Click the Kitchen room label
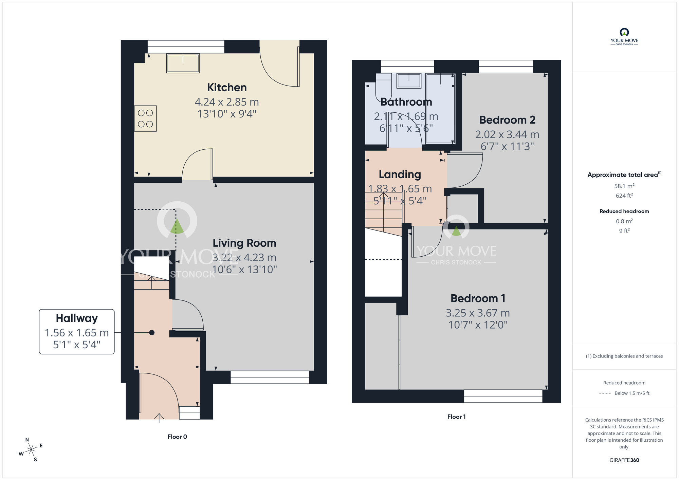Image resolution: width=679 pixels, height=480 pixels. point(227,88)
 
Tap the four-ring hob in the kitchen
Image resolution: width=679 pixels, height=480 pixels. point(145,118)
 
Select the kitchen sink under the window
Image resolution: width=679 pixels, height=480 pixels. point(183,63)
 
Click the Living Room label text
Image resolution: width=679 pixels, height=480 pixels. point(244,243)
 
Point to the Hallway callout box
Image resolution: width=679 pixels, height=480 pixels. point(77,331)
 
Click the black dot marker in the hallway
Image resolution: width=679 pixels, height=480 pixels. point(152,333)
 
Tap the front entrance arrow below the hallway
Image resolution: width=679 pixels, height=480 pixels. point(159,417)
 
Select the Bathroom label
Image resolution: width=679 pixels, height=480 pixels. point(406,102)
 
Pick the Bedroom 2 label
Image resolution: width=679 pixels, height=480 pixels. point(507,120)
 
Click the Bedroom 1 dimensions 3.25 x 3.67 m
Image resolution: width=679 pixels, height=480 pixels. point(478,313)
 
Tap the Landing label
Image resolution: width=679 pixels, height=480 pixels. point(400,174)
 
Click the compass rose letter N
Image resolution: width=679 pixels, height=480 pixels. point(27,440)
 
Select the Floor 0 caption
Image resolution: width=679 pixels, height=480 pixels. point(177,437)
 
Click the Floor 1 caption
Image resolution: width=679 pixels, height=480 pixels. point(456,417)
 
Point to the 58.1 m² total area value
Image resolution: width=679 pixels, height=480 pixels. point(624,186)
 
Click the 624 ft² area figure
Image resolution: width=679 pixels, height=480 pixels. point(624,196)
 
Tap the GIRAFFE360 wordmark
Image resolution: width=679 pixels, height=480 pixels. point(624,460)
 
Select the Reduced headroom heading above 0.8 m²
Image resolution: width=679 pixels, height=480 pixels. point(624,211)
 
